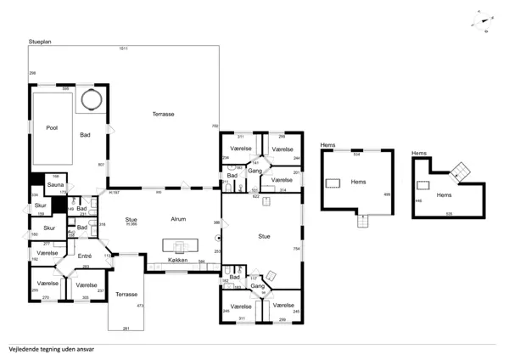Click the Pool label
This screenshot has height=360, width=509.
tap(52, 127)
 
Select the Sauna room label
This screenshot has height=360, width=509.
tap(55, 184)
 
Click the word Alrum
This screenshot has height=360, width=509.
tap(178, 218)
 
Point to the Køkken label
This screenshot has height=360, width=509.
tap(178, 261)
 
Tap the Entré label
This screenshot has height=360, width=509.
tap(85, 255)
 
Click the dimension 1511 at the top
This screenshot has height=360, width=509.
tap(123, 48)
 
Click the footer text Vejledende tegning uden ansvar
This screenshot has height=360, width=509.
tap(51, 348)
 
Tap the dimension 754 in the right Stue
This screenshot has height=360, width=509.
tap(297, 248)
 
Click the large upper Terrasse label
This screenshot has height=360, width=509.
tap(164, 114)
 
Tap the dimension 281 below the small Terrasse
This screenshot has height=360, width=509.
tap(126, 328)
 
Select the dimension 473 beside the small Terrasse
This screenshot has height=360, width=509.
tap(140, 304)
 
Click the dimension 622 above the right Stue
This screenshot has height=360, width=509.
tap(256, 196)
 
